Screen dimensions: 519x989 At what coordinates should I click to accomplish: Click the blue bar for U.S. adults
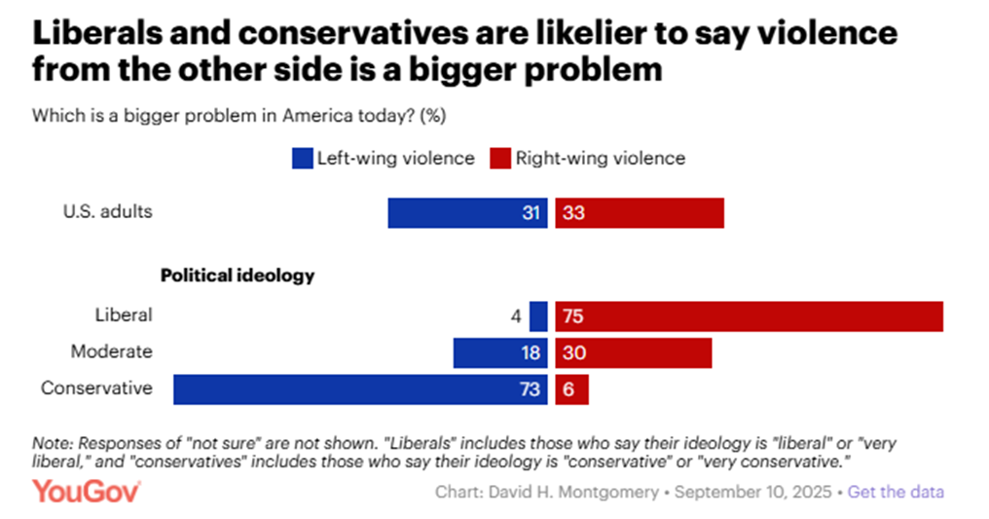[467, 212]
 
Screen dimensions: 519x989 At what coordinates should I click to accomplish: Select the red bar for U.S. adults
[640, 212]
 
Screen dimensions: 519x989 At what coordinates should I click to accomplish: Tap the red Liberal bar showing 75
[749, 315]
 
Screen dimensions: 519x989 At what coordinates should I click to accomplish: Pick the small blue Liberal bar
[538, 315]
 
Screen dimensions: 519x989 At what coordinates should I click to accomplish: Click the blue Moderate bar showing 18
[500, 352]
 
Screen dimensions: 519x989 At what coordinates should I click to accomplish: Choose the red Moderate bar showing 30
[633, 352]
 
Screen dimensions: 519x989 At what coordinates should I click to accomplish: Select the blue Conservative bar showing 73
[360, 389]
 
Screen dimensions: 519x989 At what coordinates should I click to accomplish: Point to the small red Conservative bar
[571, 389]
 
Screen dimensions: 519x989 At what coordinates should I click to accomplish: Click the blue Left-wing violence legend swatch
[302, 159]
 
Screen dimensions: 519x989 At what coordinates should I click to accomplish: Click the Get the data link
[896, 492]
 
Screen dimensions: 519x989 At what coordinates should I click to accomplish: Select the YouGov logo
[88, 491]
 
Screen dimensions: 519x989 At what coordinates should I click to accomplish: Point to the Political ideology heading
[238, 276]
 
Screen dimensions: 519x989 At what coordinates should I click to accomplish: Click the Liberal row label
[124, 315]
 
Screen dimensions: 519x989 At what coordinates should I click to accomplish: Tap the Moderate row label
[111, 352]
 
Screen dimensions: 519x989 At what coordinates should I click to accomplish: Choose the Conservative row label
[96, 388]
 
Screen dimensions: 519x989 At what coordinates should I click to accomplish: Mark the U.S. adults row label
[108, 211]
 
